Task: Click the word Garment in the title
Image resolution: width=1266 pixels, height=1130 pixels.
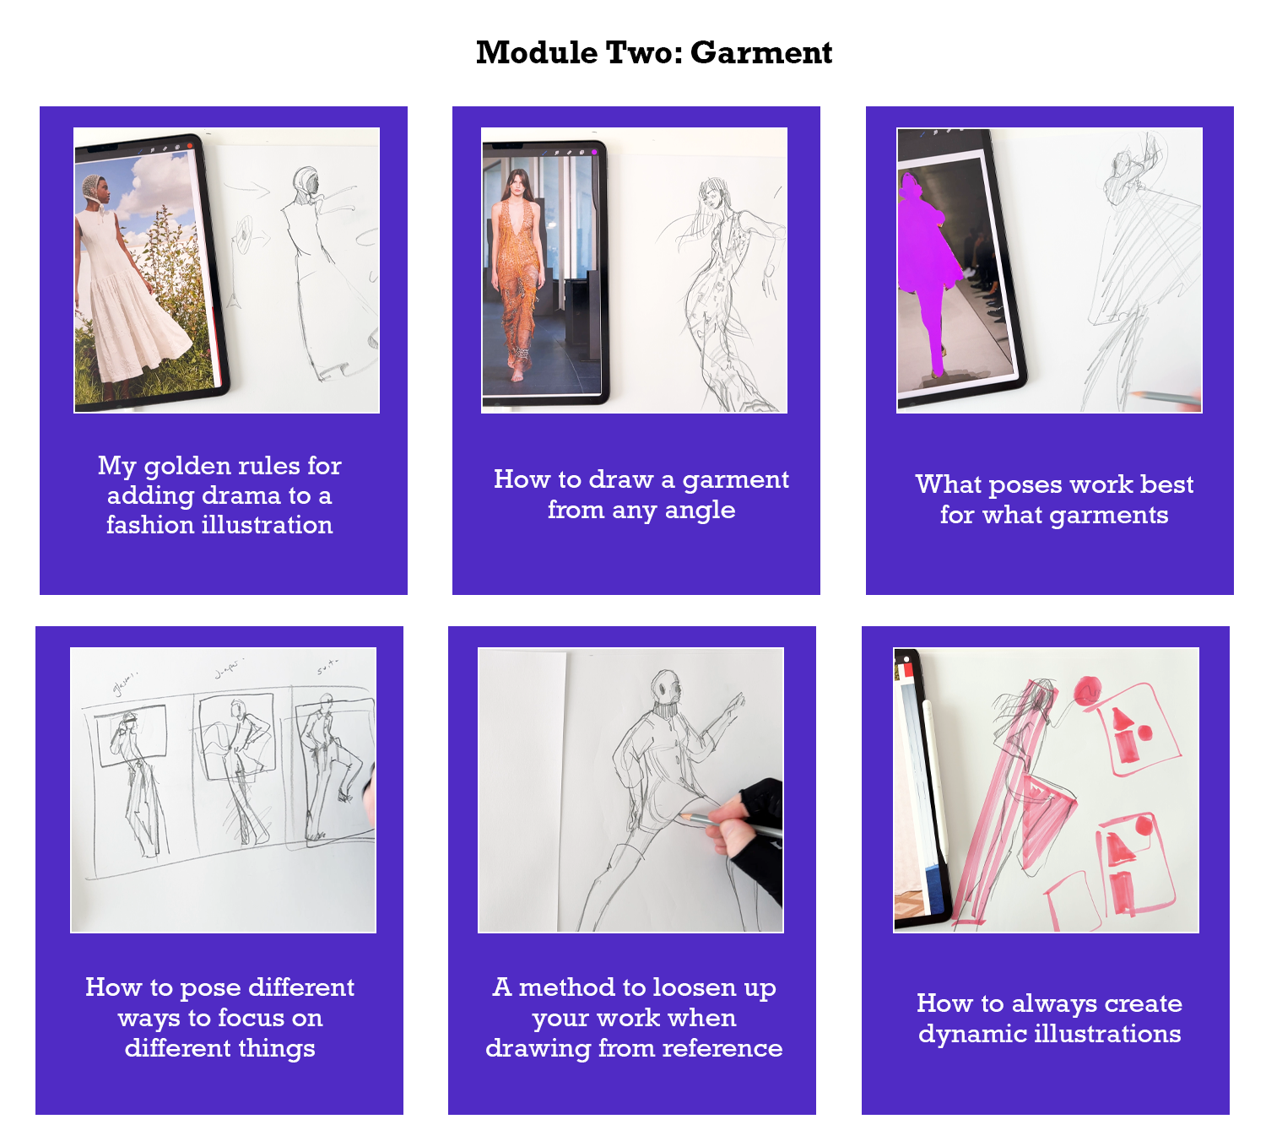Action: (x=760, y=52)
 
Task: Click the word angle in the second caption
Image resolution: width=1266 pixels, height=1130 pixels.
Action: (x=700, y=510)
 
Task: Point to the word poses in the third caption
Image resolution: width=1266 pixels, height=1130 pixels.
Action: (x=1025, y=484)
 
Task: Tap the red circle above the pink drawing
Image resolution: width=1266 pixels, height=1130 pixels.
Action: (x=1087, y=691)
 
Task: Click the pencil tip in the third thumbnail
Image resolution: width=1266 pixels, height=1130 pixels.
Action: (x=1135, y=393)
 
